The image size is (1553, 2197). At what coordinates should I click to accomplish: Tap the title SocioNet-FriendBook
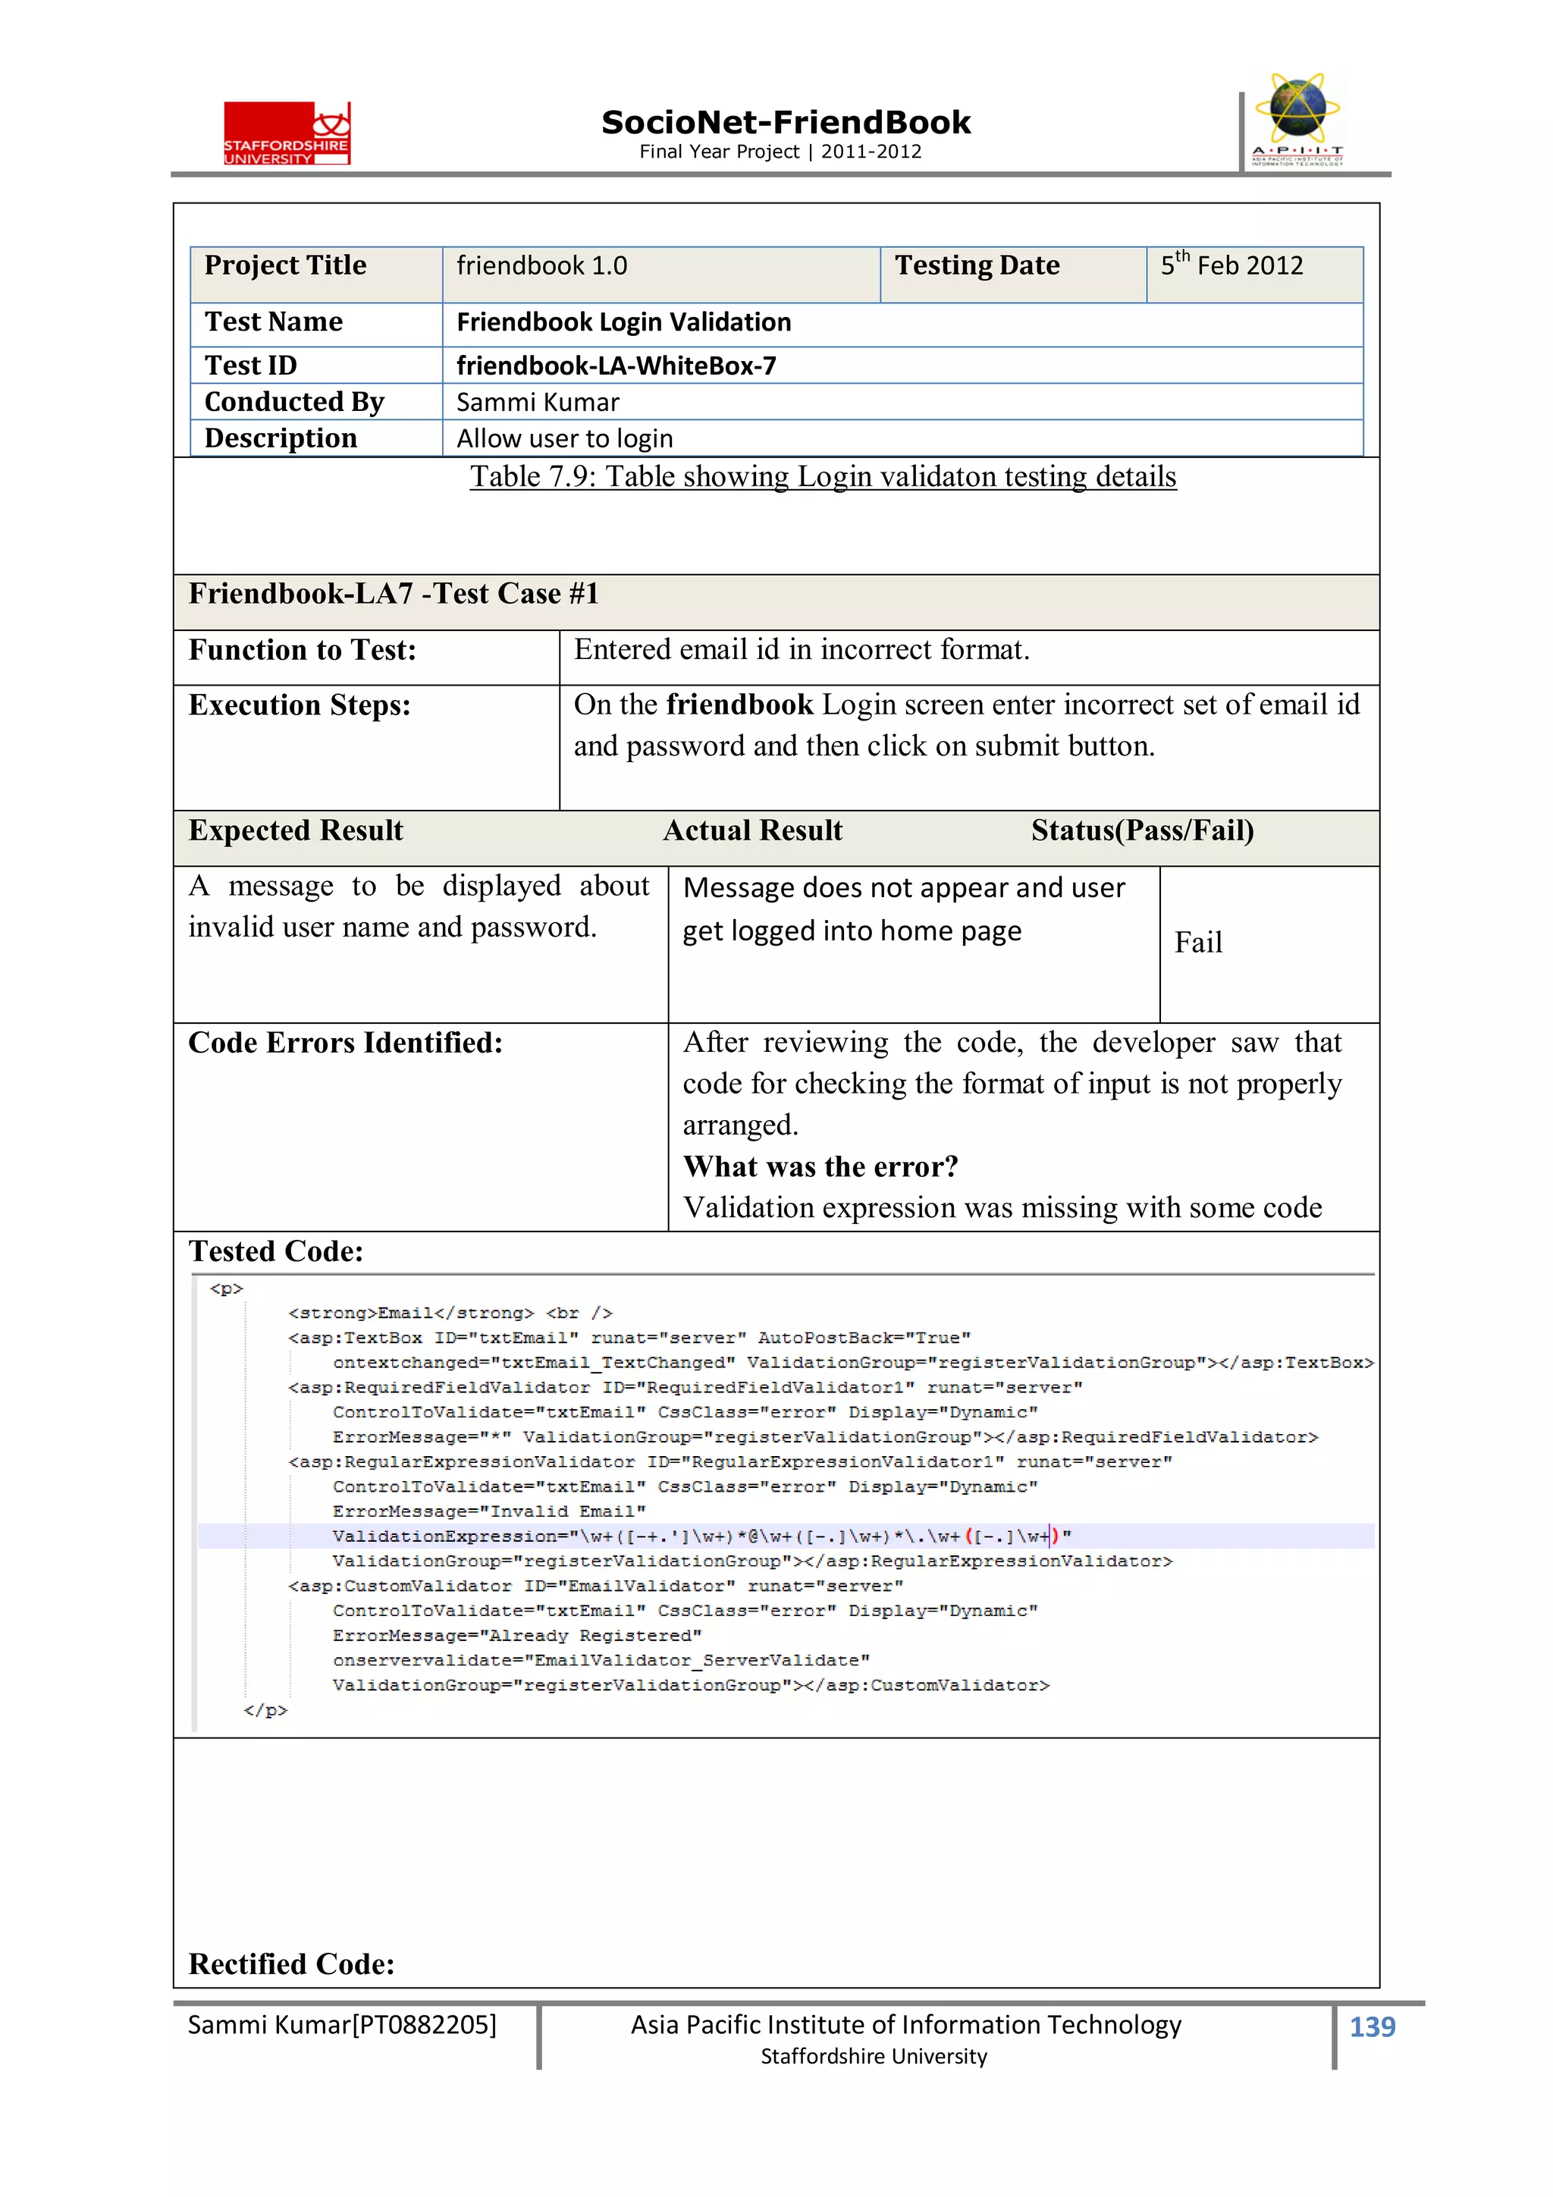pos(785,123)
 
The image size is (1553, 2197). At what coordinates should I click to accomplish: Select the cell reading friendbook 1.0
pos(541,266)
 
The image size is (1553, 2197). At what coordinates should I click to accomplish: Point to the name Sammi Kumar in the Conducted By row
pos(537,402)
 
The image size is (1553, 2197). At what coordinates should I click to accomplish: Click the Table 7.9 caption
pos(822,476)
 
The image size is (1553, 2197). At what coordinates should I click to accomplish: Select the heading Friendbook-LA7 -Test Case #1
pos(394,595)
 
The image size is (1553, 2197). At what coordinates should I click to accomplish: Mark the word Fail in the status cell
pos(1197,943)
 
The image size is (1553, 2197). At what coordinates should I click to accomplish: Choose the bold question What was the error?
pos(820,1166)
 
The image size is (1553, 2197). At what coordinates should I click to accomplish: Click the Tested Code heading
pos(275,1251)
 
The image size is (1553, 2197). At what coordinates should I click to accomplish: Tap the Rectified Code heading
pos(291,1963)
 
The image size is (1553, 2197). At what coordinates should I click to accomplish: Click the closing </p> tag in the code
pos(265,1710)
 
